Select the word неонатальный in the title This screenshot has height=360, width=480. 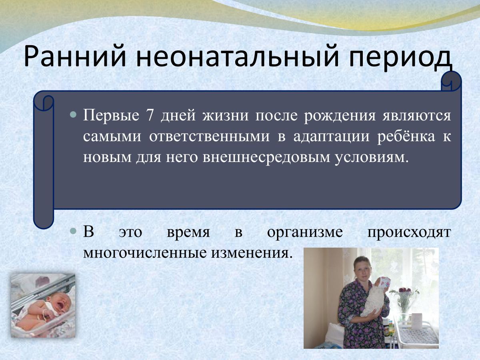pos(237,57)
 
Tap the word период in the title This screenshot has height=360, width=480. pos(400,58)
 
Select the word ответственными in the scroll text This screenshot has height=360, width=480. pos(209,137)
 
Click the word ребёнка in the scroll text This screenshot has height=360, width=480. pos(406,136)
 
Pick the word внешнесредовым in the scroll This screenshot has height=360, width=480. pos(266,157)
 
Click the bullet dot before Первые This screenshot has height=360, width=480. pos(73,114)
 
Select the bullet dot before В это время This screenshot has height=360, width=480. pos(73,231)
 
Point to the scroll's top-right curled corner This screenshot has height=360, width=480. pos(451,81)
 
